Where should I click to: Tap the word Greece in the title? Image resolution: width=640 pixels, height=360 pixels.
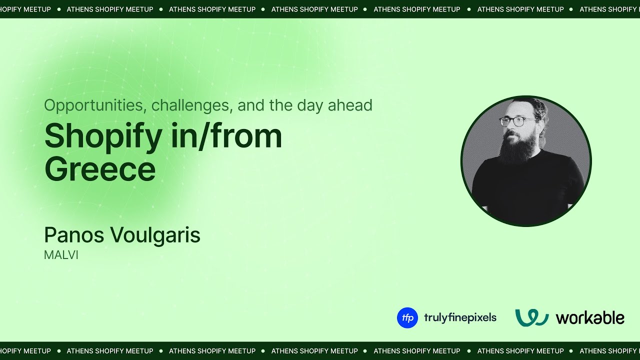click(x=100, y=169)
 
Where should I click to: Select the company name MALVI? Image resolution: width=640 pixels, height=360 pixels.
click(x=61, y=255)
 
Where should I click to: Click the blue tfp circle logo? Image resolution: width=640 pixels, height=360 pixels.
click(x=407, y=318)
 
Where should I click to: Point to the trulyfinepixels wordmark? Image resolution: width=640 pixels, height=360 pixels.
click(x=460, y=318)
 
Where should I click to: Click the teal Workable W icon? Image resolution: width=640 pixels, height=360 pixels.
click(x=532, y=317)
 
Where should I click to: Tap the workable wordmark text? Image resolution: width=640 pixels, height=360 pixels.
click(x=590, y=318)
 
